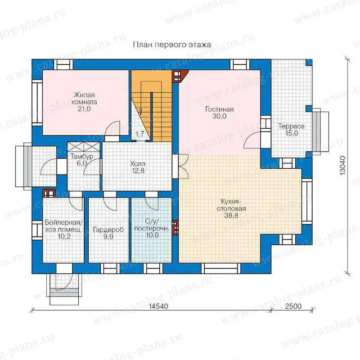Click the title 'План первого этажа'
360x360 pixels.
[172, 45]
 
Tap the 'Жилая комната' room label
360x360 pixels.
[84, 98]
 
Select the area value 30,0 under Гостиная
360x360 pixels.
[219, 116]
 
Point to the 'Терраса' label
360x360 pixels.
[291, 126]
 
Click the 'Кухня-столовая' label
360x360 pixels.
[231, 205]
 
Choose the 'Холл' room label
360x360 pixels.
[138, 164]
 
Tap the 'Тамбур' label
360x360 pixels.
[82, 156]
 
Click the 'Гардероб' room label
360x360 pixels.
[108, 229]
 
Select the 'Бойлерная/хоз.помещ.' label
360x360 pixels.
[64, 226]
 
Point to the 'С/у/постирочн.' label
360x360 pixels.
[152, 225]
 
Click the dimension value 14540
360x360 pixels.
[158, 306]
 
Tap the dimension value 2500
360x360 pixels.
[293, 306]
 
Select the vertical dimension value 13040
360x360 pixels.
[342, 166]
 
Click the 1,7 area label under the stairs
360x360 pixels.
[139, 134]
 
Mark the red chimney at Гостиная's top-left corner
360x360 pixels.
[180, 76]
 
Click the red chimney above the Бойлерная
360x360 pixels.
[49, 193]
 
